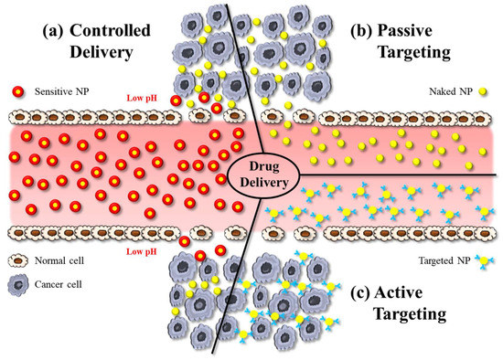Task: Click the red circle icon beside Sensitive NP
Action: pyautogui.click(x=18, y=92)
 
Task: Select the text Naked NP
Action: pyautogui.click(x=448, y=92)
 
